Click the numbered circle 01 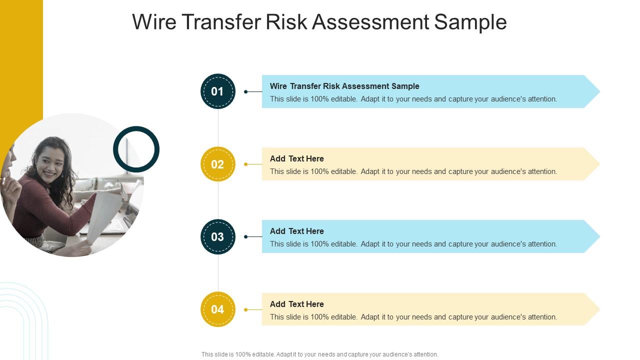(x=217, y=91)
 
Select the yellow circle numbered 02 (x=217, y=164)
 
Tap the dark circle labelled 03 (x=217, y=236)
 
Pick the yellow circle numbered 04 (x=217, y=309)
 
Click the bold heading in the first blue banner (x=344, y=86)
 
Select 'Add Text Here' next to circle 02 (x=297, y=158)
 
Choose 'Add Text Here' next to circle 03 (x=297, y=231)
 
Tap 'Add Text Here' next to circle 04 (x=297, y=304)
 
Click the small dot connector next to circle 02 (x=245, y=164)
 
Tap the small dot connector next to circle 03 (x=245, y=236)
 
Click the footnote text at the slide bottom (x=319, y=354)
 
